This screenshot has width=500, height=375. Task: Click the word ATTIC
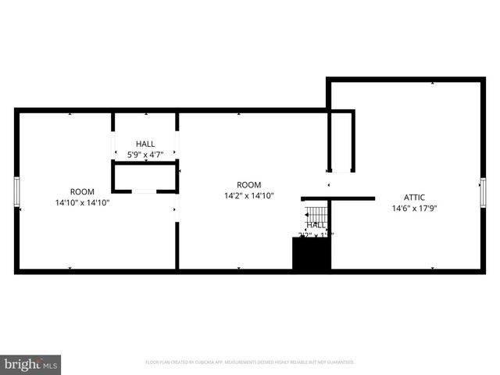point(415,198)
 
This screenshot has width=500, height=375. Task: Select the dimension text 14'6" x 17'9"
point(415,209)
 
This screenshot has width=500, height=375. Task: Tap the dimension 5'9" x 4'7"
point(145,155)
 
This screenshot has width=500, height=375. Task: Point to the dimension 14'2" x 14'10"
point(249,196)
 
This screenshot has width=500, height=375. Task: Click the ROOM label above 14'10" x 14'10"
point(82,191)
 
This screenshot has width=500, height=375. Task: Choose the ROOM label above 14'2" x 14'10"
point(249,185)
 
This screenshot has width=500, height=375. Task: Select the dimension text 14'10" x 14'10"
point(82,202)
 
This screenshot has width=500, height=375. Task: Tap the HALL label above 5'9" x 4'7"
point(145,144)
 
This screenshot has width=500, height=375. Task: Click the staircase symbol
point(316,213)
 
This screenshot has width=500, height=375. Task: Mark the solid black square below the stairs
point(311,254)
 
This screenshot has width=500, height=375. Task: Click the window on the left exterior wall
point(16,192)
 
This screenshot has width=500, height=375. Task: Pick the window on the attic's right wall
point(482,192)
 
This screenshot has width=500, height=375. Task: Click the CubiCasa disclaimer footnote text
point(250,362)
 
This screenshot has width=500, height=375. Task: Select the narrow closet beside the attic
point(341,141)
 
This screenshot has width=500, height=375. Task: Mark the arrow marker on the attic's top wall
point(432,82)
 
